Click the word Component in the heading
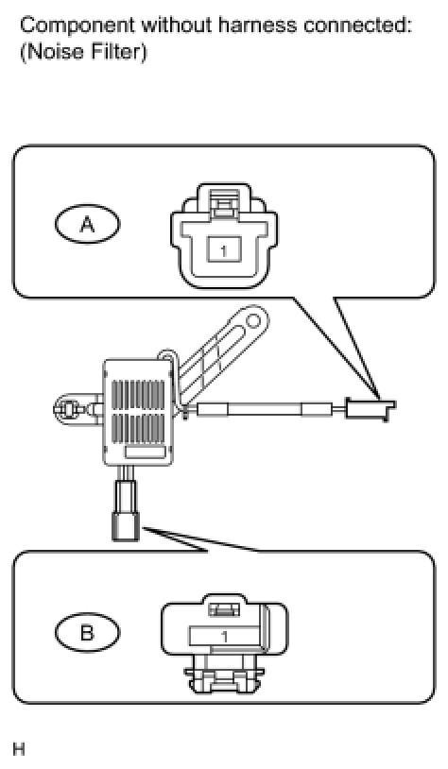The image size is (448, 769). [77, 26]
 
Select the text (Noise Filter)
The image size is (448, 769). [83, 52]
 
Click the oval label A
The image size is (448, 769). [87, 225]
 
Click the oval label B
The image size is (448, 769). [87, 633]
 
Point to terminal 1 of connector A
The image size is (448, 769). [224, 250]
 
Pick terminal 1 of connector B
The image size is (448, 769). [224, 636]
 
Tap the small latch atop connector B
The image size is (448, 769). [224, 609]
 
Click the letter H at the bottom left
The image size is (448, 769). [19, 750]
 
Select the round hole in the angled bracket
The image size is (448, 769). [253, 322]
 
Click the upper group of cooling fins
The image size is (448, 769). [138, 394]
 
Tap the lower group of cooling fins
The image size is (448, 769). [138, 428]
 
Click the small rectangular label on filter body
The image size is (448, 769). [146, 453]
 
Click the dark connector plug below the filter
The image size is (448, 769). [126, 526]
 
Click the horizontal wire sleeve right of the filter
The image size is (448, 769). [265, 409]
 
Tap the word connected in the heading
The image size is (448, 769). [356, 25]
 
